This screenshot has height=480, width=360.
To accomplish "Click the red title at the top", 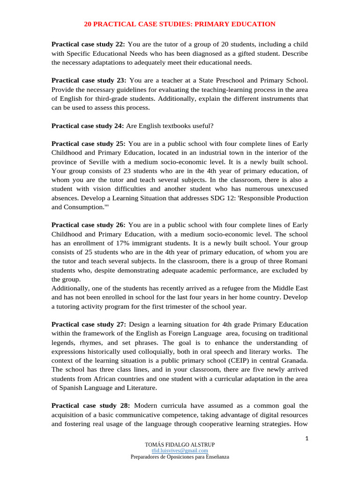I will click(180, 24).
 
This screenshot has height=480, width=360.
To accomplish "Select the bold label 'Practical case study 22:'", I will click(88, 44).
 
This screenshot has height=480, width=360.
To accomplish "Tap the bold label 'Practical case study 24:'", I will click(88, 126).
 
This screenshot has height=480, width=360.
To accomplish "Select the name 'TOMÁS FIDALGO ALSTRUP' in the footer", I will click(180, 444).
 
